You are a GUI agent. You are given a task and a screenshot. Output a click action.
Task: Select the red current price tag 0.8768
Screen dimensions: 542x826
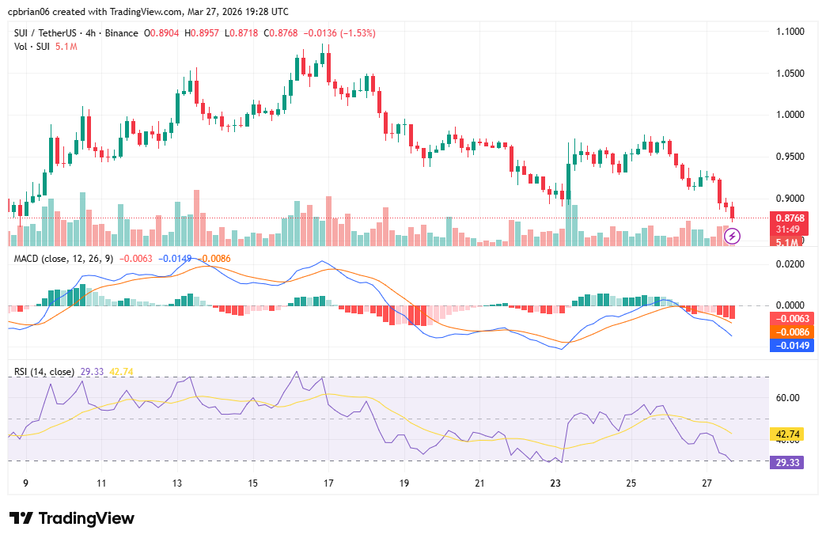point(789,218)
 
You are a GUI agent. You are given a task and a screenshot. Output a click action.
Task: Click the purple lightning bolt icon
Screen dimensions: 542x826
point(733,236)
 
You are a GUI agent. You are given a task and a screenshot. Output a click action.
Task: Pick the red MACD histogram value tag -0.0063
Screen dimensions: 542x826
point(788,318)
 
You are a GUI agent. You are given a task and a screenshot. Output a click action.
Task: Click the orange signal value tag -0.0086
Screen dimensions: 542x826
point(788,332)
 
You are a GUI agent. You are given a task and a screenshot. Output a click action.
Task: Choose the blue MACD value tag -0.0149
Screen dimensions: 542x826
point(788,345)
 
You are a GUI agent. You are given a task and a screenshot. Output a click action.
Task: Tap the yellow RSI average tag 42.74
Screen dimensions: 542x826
point(788,434)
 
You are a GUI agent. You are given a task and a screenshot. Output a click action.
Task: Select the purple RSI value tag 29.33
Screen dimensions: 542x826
point(788,462)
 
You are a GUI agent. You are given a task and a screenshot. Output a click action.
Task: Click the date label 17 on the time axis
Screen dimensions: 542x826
point(328,483)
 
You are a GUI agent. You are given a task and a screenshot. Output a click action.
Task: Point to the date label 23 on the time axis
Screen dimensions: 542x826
point(555,483)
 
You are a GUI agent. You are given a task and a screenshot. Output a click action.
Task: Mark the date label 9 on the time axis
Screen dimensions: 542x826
point(25,483)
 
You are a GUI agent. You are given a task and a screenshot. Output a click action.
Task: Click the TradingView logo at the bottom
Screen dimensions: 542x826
point(72,518)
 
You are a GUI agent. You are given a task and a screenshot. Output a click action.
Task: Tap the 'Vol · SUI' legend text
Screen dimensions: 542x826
point(32,47)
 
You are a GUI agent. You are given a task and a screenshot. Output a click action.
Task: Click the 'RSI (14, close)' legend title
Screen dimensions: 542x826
point(44,371)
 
